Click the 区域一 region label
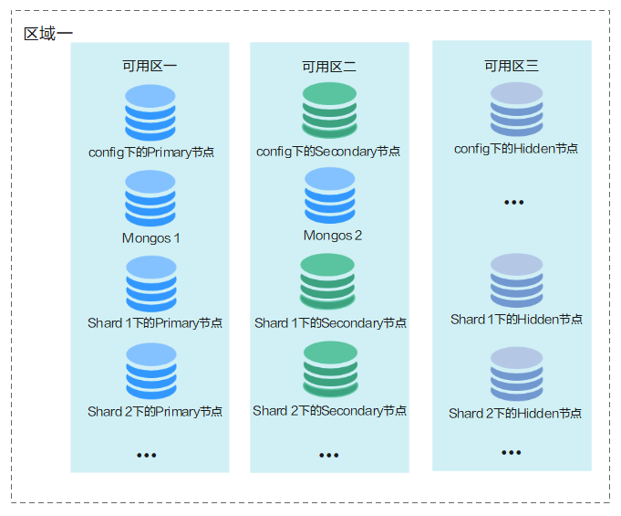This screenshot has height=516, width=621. [x=48, y=34]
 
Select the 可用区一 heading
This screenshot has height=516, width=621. [x=150, y=66]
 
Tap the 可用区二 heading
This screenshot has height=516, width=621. [x=329, y=67]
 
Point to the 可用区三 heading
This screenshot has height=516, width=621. [x=512, y=66]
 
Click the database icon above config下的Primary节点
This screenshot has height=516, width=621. [x=150, y=112]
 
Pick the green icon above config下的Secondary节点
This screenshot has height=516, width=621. [x=329, y=110]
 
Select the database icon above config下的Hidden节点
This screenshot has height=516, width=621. [x=516, y=109]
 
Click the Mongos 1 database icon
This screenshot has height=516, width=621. [x=150, y=197]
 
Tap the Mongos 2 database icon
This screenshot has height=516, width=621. [x=330, y=195]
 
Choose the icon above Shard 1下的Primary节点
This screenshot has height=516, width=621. [x=151, y=283]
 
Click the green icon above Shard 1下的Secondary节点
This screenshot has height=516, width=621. [x=328, y=281]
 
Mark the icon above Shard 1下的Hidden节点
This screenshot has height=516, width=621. [x=516, y=280]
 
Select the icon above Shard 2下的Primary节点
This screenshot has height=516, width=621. [x=151, y=371]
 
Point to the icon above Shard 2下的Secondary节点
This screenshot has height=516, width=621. [x=330, y=369]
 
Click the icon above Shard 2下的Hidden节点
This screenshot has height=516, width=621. [x=516, y=374]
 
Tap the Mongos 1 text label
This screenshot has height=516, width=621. [x=151, y=238]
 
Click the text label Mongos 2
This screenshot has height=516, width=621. [x=333, y=236]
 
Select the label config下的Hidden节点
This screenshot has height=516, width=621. [x=516, y=149]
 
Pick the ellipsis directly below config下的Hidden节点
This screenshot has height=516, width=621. [x=514, y=202]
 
